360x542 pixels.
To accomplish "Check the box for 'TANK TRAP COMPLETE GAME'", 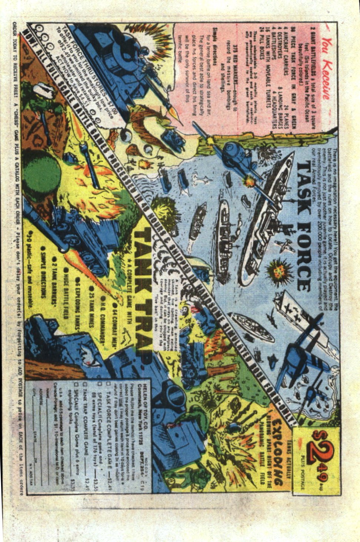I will (85, 383).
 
